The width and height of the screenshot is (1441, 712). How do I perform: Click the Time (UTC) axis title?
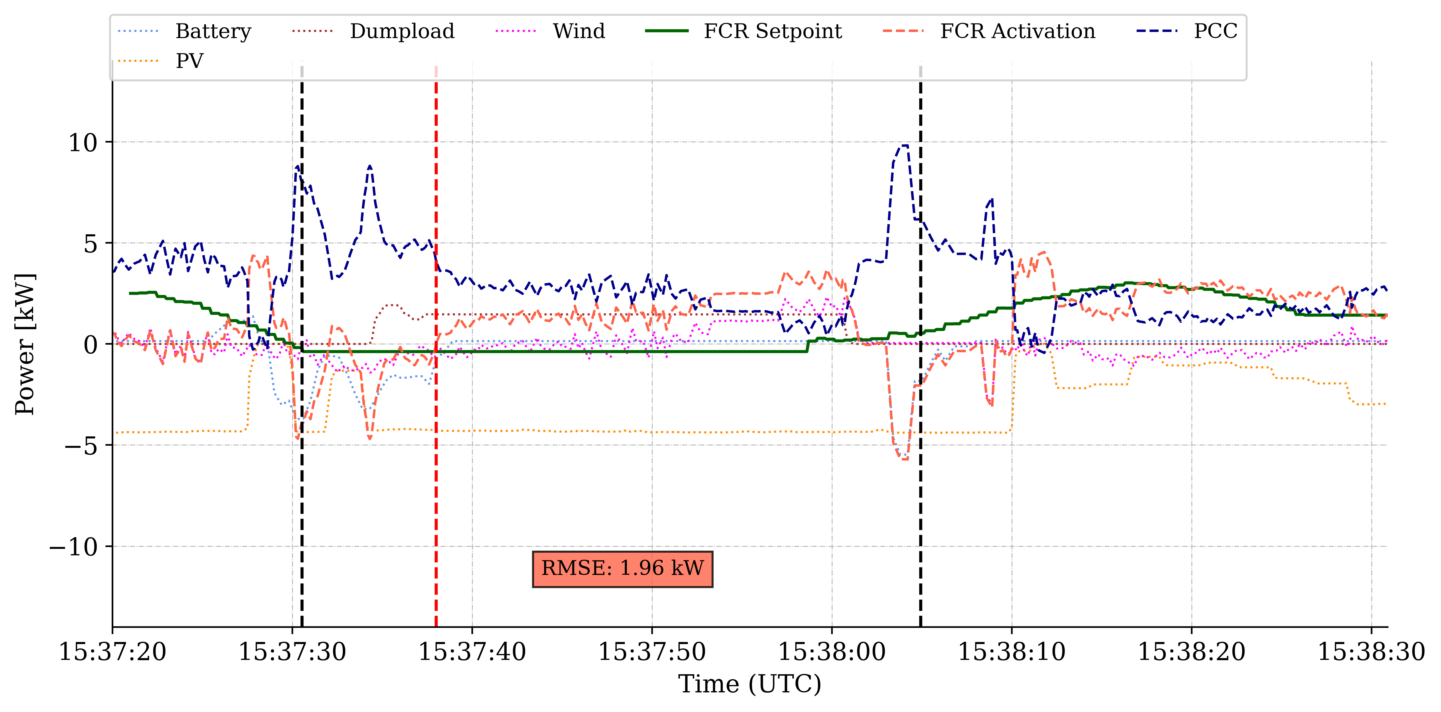(x=750, y=684)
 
